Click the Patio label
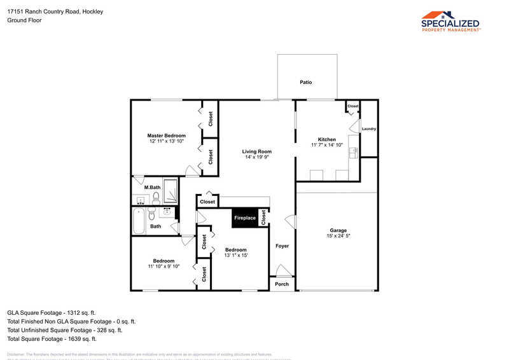(306, 83)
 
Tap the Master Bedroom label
(166, 135)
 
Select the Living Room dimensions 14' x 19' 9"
(257, 157)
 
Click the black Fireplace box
(245, 218)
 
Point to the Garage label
(338, 230)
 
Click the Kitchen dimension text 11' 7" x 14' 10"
(327, 145)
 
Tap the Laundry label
(369, 129)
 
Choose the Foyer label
(282, 246)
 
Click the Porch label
(282, 284)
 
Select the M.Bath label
(151, 187)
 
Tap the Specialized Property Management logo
(450, 21)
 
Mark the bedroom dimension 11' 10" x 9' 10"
(164, 267)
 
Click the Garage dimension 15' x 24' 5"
(338, 236)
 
